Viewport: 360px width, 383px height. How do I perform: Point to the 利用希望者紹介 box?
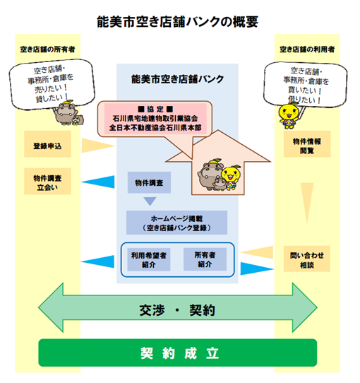[x=148, y=259]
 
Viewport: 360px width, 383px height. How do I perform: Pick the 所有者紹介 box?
[x=205, y=259]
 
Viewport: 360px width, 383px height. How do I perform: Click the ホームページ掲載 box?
[x=176, y=223]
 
